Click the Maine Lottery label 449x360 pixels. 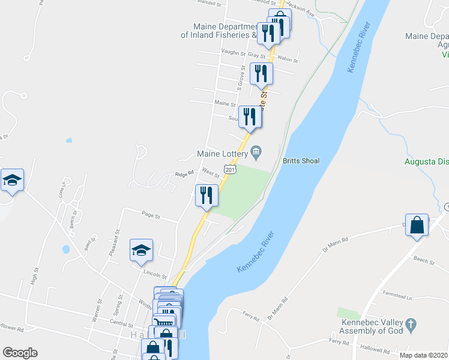click(x=223, y=154)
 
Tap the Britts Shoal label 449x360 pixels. click(x=301, y=161)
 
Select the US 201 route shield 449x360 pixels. click(x=229, y=170)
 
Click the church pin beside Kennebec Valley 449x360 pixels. click(x=411, y=325)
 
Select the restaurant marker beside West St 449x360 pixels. click(x=206, y=196)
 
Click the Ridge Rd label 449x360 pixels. click(x=184, y=174)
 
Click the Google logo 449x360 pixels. click(x=20, y=353)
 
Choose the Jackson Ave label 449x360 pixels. click(x=301, y=8)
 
